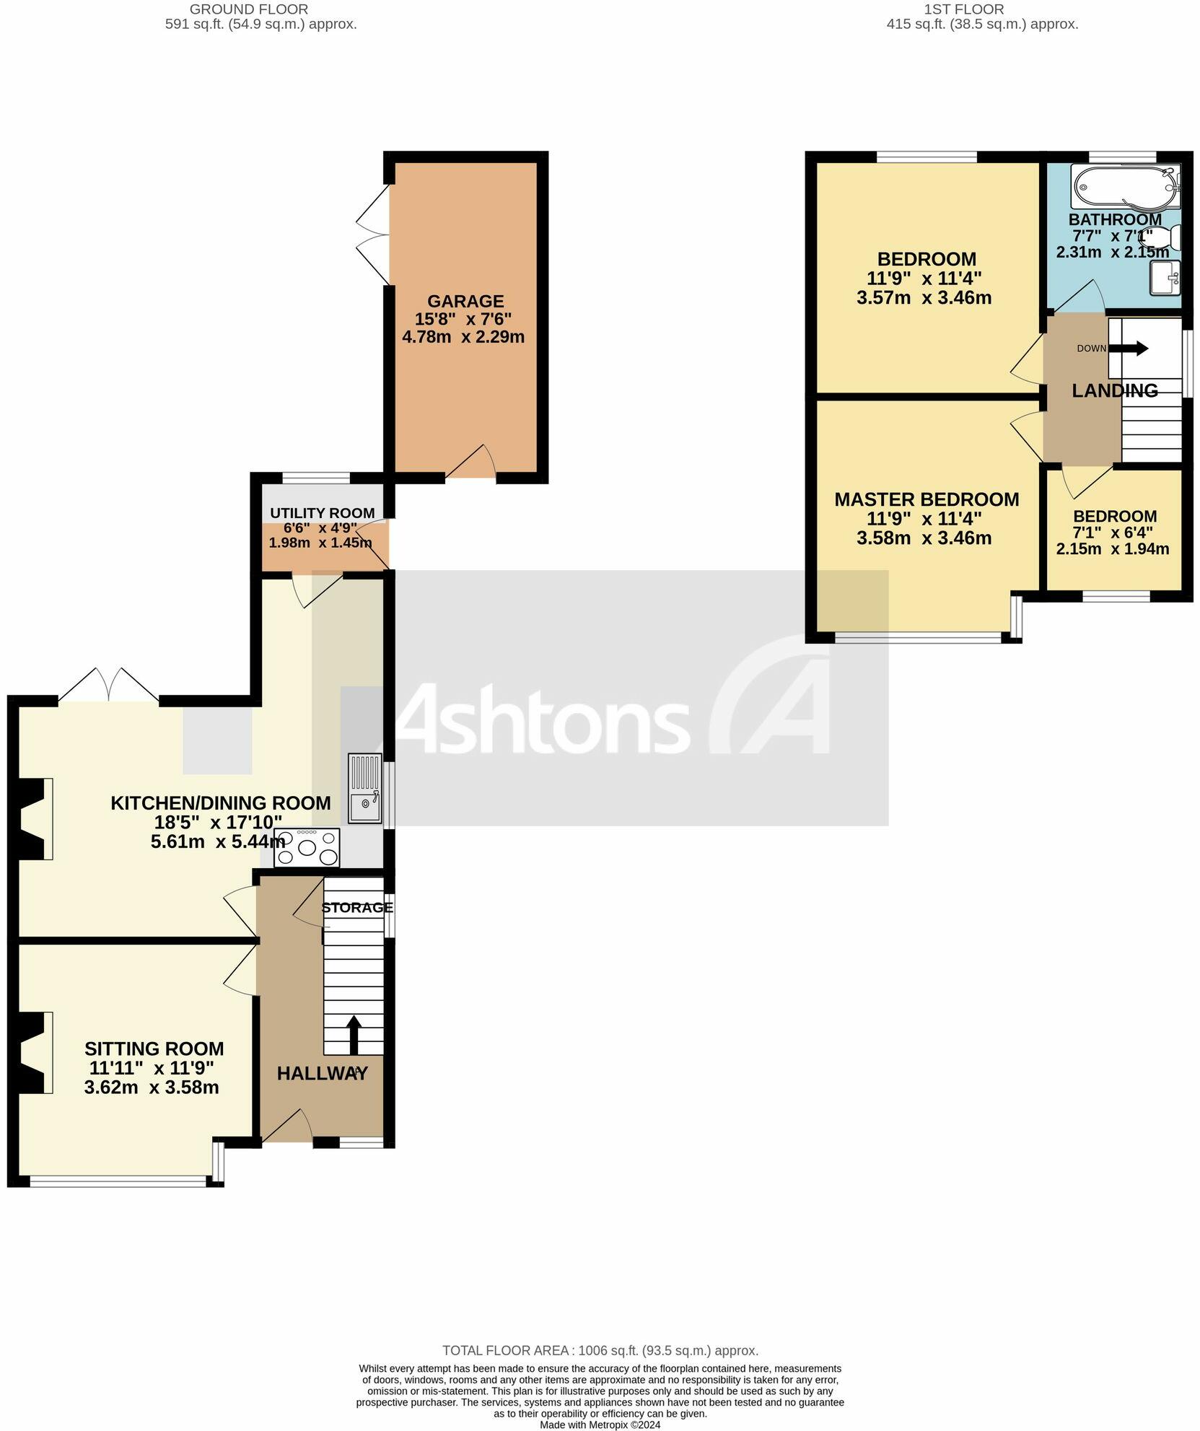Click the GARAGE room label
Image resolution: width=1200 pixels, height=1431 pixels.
465,301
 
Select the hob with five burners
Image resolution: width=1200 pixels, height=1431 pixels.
307,847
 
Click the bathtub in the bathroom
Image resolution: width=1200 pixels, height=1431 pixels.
1125,187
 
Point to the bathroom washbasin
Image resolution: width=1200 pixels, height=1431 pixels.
1165,278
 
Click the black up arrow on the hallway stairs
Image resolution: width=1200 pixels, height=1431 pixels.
354,1036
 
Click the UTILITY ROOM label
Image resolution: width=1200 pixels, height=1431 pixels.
322,513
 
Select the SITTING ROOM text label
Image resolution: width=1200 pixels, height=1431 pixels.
154,1049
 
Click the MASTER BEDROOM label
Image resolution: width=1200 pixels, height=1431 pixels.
927,499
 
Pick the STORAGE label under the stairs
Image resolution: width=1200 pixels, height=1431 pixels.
357,907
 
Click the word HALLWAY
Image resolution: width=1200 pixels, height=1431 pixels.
322,1074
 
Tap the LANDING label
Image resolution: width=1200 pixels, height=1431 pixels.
1114,390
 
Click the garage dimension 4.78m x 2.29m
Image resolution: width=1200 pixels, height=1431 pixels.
463,337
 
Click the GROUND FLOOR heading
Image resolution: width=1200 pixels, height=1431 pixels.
248,9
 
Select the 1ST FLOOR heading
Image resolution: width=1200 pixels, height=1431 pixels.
963,9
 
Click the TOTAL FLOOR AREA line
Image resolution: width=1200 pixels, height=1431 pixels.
600,1350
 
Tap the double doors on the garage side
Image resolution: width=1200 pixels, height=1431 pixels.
373,235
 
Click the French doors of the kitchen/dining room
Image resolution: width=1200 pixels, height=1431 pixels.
108,685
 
